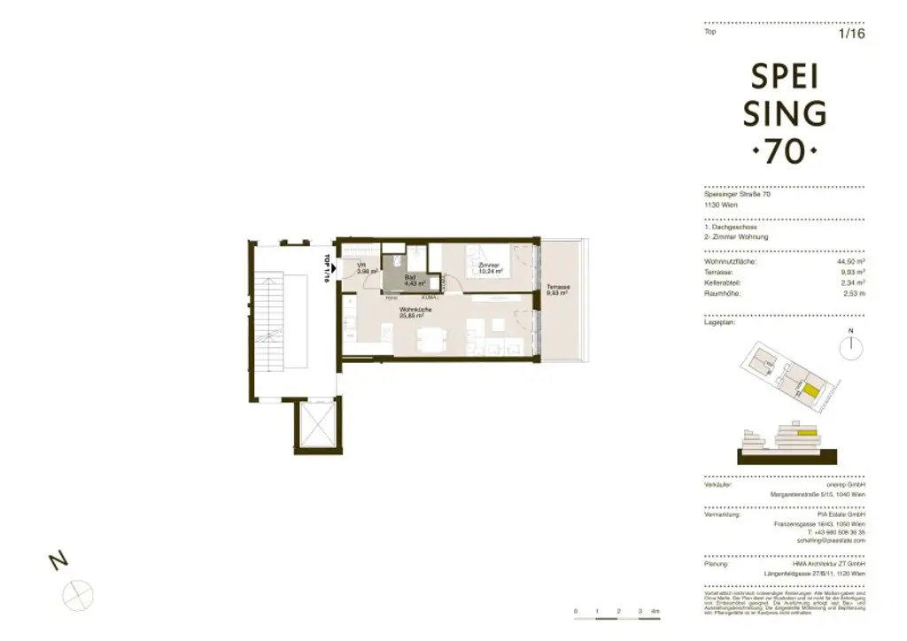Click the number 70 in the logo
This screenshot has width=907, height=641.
[x=784, y=151]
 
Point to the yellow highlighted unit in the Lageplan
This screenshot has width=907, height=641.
[x=810, y=390]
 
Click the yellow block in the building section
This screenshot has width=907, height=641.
[x=805, y=433]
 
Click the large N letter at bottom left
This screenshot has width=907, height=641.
[x=58, y=560]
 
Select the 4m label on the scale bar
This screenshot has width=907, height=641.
[x=655, y=612]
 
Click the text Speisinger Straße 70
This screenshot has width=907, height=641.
[x=737, y=195]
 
